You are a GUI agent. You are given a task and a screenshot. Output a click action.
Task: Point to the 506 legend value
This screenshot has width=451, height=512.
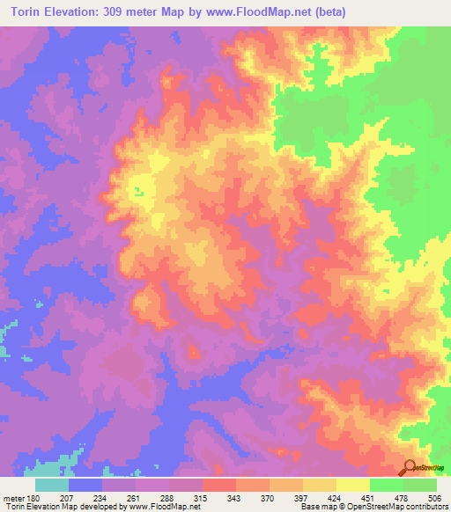(436, 499)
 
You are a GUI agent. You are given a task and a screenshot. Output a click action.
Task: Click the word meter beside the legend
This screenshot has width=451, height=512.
(11, 499)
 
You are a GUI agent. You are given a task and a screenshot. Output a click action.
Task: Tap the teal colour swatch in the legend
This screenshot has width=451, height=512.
(52, 485)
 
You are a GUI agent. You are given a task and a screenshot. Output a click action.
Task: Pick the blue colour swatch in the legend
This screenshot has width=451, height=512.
(85, 485)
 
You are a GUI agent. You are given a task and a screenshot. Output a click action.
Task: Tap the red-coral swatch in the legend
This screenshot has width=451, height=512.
(219, 485)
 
